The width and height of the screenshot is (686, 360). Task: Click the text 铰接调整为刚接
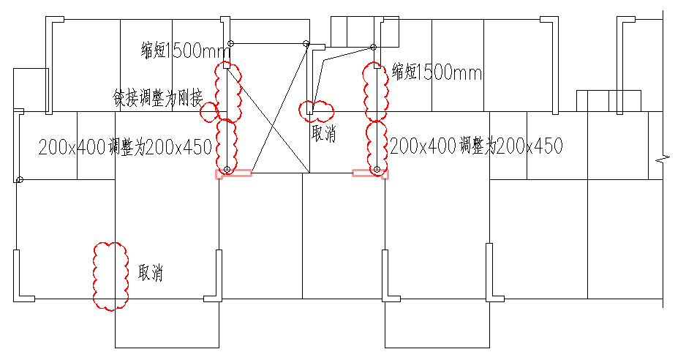coord(158,98)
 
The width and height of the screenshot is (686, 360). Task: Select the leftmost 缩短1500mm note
coord(186,50)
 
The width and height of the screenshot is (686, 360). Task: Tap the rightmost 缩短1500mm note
coord(437,72)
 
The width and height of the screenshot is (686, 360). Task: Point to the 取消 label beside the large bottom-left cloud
coord(151,272)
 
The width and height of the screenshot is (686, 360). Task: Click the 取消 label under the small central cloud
coord(324,133)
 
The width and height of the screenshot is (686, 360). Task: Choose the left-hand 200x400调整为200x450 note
coord(125,147)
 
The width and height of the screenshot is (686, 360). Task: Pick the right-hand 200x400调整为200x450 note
coord(476,146)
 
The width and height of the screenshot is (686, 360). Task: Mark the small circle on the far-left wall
coord(19,179)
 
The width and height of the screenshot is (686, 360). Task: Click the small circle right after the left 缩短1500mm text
coord(231,43)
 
